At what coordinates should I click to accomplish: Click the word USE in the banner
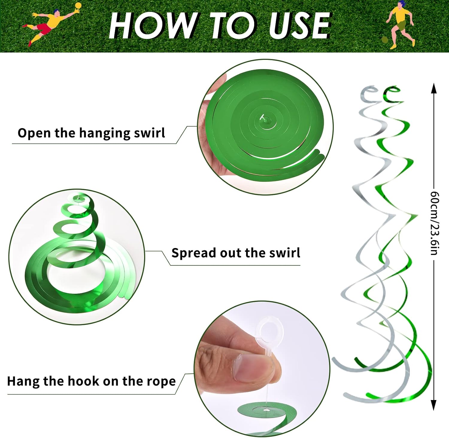tap(299, 26)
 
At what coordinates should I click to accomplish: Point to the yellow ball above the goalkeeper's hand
tap(78, 6)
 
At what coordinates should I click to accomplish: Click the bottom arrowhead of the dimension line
tap(433, 405)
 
